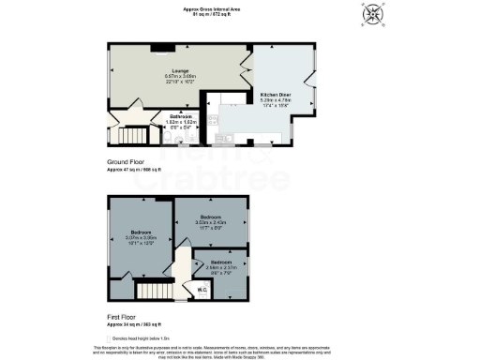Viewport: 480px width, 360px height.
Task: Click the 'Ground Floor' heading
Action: [x=125, y=162]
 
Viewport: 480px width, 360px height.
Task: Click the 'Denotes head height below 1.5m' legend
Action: [x=143, y=337]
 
